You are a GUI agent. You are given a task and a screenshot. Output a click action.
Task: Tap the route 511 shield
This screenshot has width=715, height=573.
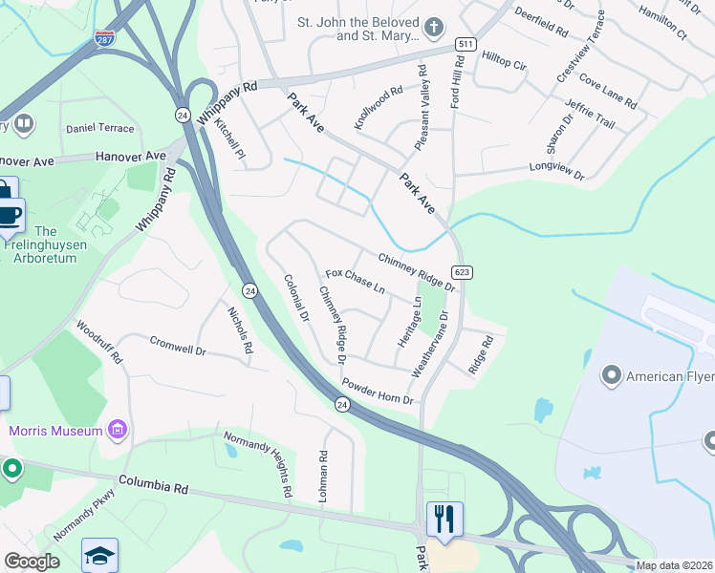[x=466, y=44]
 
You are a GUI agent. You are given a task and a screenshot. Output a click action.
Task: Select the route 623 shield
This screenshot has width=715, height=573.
[x=462, y=272]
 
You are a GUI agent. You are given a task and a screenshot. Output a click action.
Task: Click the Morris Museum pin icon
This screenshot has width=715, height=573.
[x=119, y=431]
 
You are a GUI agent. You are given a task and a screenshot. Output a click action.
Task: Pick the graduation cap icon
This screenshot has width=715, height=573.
[x=99, y=557]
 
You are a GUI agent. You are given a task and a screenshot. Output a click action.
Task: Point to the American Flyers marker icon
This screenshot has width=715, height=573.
[x=612, y=376]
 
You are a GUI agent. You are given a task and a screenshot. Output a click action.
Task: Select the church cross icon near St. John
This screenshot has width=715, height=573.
[x=434, y=27]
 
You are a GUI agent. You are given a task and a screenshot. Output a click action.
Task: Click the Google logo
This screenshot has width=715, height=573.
[x=32, y=562]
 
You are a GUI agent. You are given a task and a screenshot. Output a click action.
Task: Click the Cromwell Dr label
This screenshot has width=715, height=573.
[x=178, y=345]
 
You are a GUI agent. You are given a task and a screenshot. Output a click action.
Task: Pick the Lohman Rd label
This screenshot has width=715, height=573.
[x=325, y=477]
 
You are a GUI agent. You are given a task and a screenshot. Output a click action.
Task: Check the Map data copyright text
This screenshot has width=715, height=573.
[x=675, y=565]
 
